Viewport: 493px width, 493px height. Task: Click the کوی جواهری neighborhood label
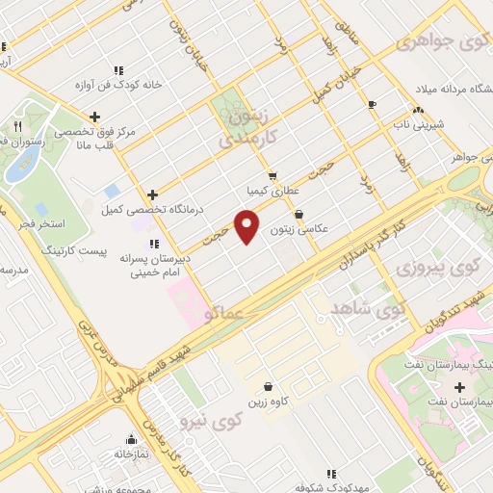coord(437,43)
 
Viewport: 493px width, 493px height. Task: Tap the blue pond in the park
coord(16,165)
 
